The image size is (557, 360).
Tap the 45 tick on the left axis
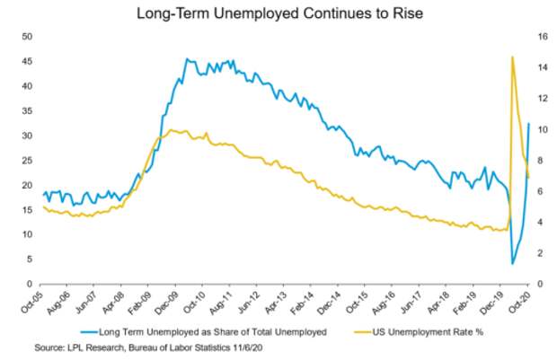(27, 61)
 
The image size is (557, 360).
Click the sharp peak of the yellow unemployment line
(512, 57)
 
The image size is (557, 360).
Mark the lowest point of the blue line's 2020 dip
(512, 263)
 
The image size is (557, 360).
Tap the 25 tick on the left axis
(27, 160)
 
